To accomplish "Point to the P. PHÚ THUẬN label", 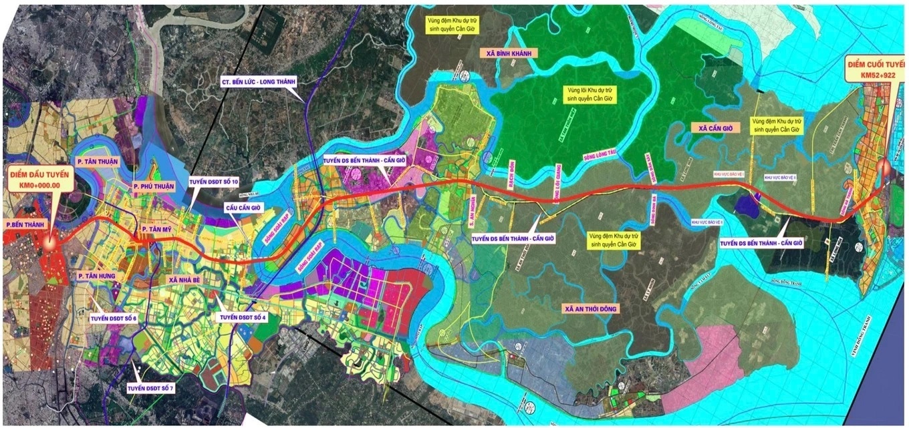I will [x=155, y=186].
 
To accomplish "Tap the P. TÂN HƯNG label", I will [x=98, y=276].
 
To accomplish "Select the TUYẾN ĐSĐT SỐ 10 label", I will [x=212, y=181].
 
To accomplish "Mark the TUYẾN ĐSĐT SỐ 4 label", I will [x=243, y=317].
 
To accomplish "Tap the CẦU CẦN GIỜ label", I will [x=244, y=208].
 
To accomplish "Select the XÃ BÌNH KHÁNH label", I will [x=509, y=53].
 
